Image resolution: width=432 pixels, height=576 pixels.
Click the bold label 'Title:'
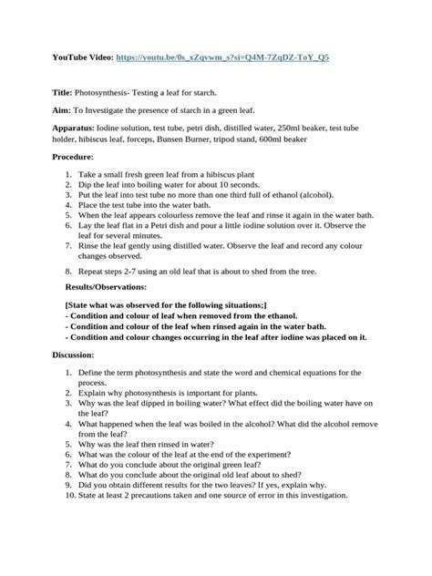click(66, 94)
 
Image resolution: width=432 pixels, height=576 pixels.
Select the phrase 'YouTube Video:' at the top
click(85, 57)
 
